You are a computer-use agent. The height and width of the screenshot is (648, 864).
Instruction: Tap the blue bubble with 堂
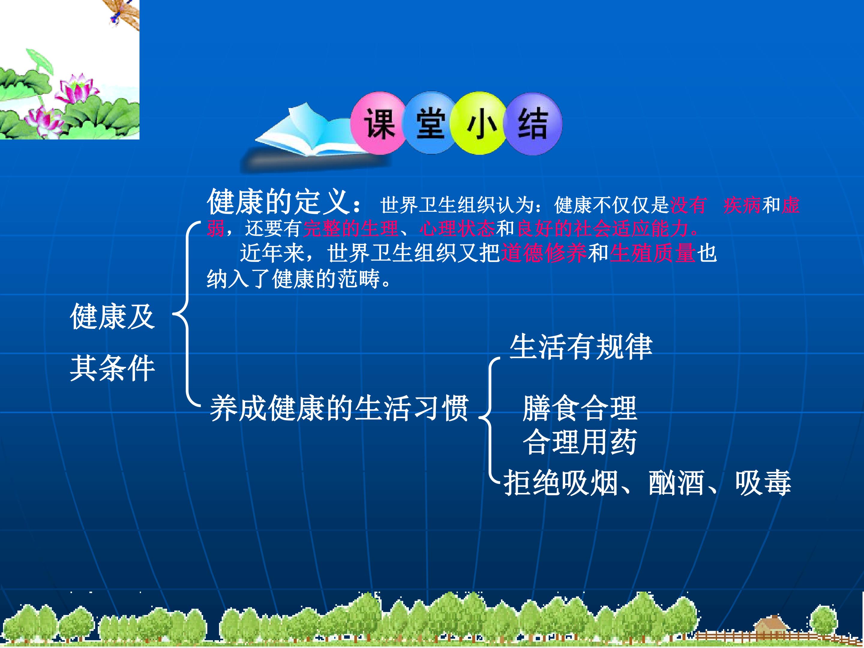[x=430, y=123]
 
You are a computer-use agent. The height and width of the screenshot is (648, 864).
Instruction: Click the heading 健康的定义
[x=278, y=202]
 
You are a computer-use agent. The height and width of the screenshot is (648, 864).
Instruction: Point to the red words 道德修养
[x=544, y=253]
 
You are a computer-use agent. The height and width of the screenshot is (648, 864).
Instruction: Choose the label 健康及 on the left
[x=112, y=316]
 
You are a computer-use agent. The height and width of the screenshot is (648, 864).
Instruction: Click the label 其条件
[x=112, y=368]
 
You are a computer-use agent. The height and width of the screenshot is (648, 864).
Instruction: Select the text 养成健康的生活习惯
[x=339, y=408]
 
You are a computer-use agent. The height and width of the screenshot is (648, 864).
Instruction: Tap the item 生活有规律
[x=581, y=346]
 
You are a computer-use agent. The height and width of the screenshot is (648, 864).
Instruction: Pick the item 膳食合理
[x=580, y=408]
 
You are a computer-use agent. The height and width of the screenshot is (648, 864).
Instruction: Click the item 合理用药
[x=580, y=442]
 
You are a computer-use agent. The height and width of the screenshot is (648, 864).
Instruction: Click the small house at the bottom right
[x=772, y=625]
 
